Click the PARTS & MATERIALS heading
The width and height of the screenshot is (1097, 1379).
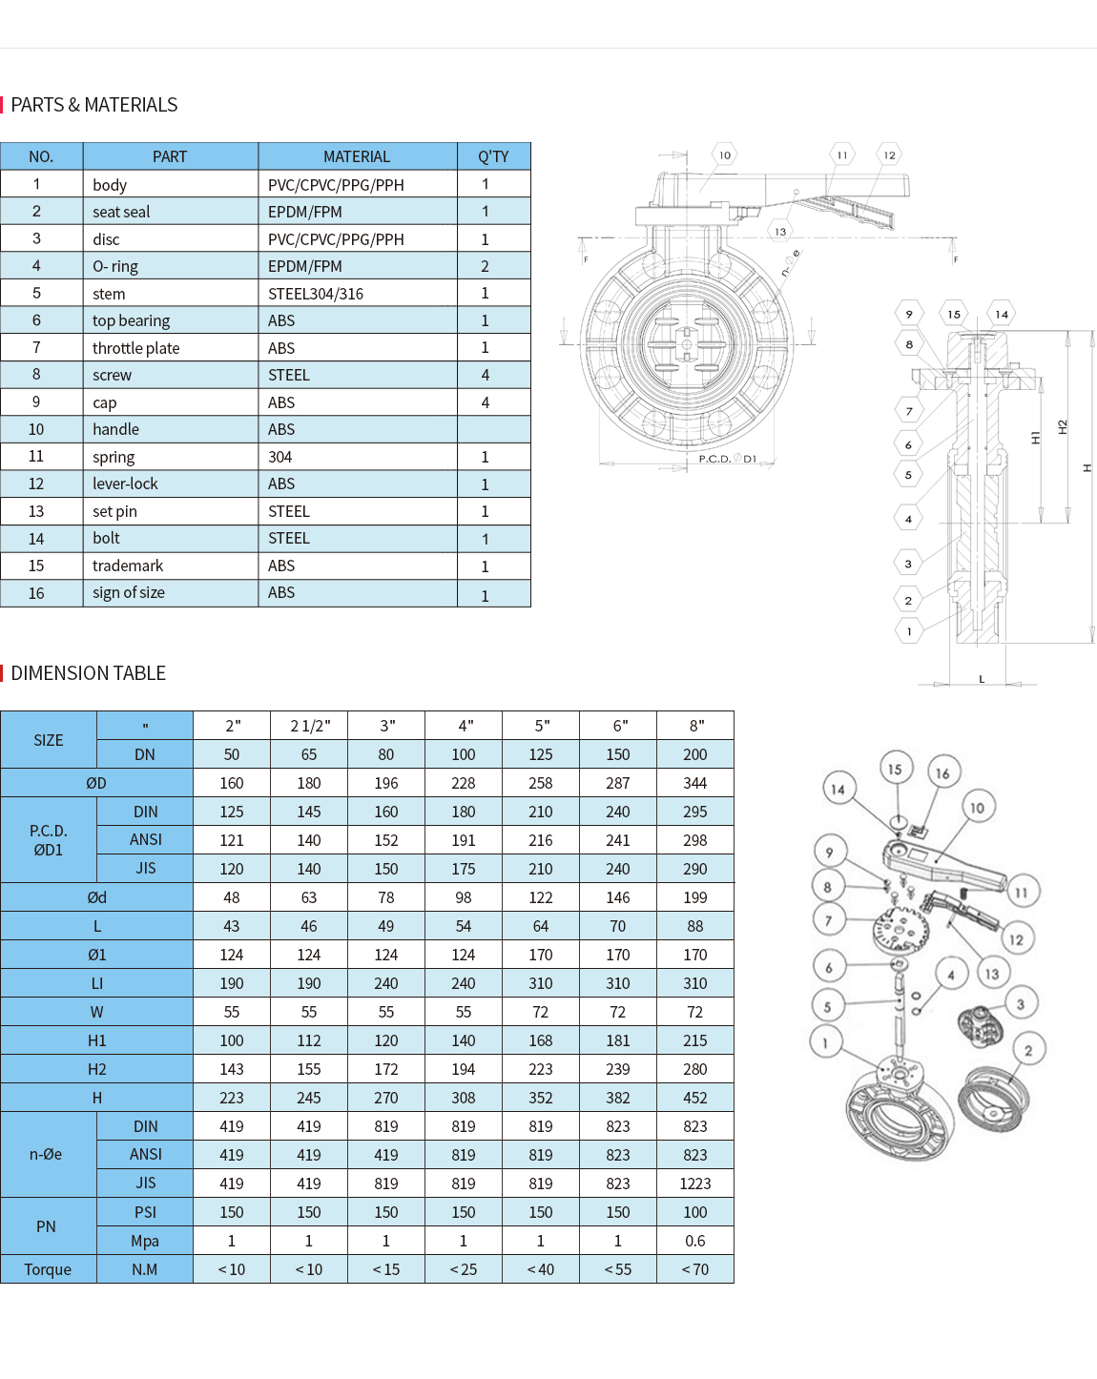[x=93, y=105]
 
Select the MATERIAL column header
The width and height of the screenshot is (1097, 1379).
[x=356, y=156]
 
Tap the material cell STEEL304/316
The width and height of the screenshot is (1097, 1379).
[x=315, y=294]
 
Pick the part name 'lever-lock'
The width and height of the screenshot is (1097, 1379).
[x=125, y=484]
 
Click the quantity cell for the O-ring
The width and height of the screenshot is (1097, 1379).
[x=485, y=266]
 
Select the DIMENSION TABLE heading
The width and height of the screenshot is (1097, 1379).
[x=88, y=673]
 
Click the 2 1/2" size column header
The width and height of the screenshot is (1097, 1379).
[x=309, y=726]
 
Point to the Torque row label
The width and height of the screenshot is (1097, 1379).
[x=48, y=1269]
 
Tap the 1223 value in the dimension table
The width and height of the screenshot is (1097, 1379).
[x=694, y=1183]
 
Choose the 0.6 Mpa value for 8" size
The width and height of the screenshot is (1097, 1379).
[x=694, y=1241]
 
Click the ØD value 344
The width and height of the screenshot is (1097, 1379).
[x=694, y=783]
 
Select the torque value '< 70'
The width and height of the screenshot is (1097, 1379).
[x=694, y=1269]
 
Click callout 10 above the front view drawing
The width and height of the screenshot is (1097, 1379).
[x=725, y=154]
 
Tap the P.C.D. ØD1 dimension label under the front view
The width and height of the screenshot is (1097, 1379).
[x=727, y=459]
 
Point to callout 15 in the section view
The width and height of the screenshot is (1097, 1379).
[x=954, y=314]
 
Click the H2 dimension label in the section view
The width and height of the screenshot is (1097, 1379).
[x=1063, y=427]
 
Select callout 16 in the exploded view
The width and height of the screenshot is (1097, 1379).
[x=942, y=773]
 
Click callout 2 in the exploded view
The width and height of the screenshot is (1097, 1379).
[x=1028, y=1050]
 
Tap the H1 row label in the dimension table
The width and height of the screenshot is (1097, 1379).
[x=96, y=1040]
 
